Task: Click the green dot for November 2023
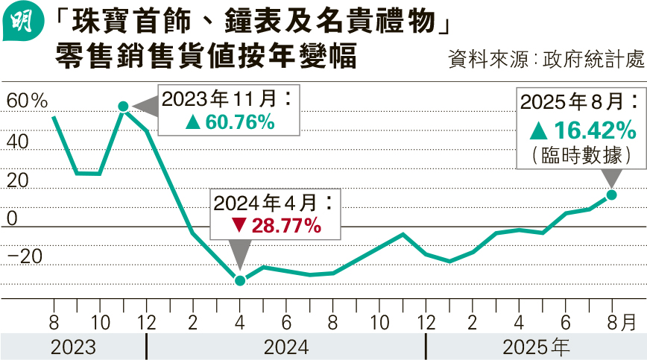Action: pyautogui.click(x=124, y=107)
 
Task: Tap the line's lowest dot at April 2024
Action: pyautogui.click(x=240, y=280)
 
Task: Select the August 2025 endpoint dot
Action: pyautogui.click(x=611, y=195)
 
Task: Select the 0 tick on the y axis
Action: pyautogui.click(x=11, y=218)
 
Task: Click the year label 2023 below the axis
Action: pyautogui.click(x=73, y=347)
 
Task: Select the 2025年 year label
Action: pyautogui.click(x=536, y=347)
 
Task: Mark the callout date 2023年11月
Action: pyautogui.click(x=221, y=99)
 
